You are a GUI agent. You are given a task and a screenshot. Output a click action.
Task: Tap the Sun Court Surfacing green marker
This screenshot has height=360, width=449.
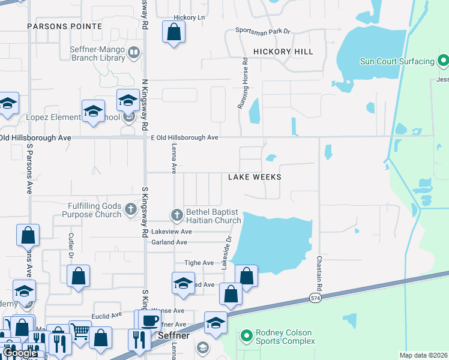point(443,61)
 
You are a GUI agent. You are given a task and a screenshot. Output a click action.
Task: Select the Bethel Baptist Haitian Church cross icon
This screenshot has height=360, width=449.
point(176,214)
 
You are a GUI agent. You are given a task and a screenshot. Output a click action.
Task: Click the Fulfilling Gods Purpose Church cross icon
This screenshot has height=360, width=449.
point(131,210)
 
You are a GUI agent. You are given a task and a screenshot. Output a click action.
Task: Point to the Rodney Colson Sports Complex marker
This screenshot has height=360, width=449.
point(246,337)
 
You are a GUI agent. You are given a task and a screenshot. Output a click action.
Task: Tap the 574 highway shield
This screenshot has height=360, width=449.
point(315,298)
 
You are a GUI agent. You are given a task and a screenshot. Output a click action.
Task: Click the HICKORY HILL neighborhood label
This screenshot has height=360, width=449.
point(283,52)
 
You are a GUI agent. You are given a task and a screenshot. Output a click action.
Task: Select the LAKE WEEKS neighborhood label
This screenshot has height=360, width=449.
point(255,177)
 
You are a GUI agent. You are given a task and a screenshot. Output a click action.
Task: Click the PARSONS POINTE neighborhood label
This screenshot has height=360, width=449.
point(64,26)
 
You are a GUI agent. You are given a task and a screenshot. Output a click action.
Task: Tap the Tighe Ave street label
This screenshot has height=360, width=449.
point(199,263)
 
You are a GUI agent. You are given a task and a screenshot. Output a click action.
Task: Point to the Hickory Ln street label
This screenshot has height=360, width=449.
point(188,17)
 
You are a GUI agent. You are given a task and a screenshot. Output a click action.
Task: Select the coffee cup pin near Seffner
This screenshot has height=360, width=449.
point(149,320)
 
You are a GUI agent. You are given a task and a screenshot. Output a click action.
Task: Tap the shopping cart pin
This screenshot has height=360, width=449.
point(79,331)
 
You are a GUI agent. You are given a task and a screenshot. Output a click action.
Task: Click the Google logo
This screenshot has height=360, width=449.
point(20,353)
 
